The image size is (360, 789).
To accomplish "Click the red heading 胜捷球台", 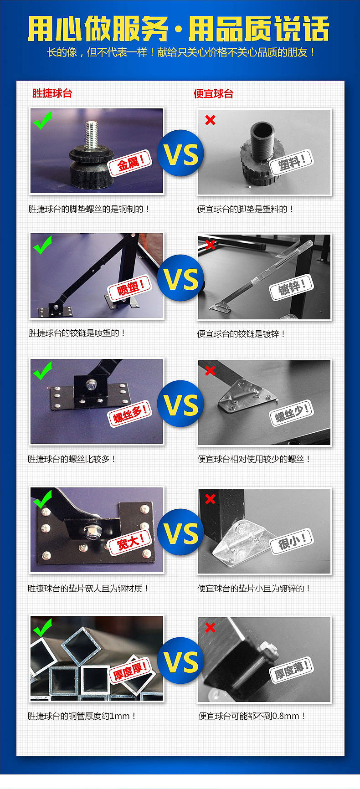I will point(52,93).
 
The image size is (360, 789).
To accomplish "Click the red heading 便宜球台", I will point(213,94).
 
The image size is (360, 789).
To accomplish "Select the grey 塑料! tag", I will point(291,161).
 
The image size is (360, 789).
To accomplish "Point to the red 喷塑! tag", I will point(129,287).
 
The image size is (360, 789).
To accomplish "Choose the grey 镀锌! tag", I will point(291,287).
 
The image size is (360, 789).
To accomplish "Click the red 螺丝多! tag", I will point(130,414).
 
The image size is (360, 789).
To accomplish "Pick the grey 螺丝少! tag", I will point(292,414).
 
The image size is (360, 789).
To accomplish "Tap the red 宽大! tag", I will point(130,542).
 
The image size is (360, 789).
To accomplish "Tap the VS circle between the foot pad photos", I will point(181,154).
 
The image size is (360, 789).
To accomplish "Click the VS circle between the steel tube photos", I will point(181,661).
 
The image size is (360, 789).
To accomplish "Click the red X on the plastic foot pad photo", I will point(210,120).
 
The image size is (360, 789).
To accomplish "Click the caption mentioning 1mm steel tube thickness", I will point(82,716).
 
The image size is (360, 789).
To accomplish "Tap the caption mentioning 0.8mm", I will point(252,716).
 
